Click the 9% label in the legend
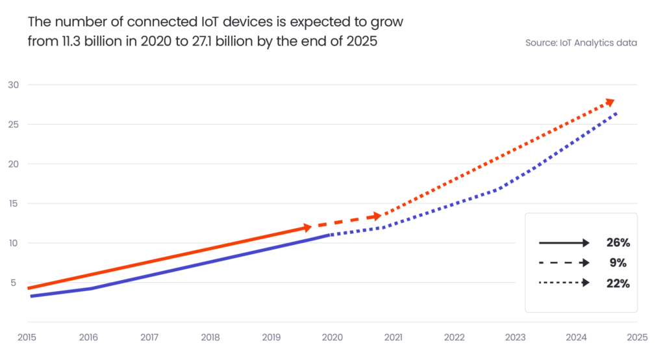618,263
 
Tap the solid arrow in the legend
564,243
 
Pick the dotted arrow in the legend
564,283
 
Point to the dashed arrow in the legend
564,263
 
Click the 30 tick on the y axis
13,85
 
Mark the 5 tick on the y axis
13,283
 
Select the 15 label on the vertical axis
13,203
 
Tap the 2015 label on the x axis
27,338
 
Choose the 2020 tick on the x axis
332,338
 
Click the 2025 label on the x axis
637,338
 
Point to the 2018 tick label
210,338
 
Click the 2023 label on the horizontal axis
516,338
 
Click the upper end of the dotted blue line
616,113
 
